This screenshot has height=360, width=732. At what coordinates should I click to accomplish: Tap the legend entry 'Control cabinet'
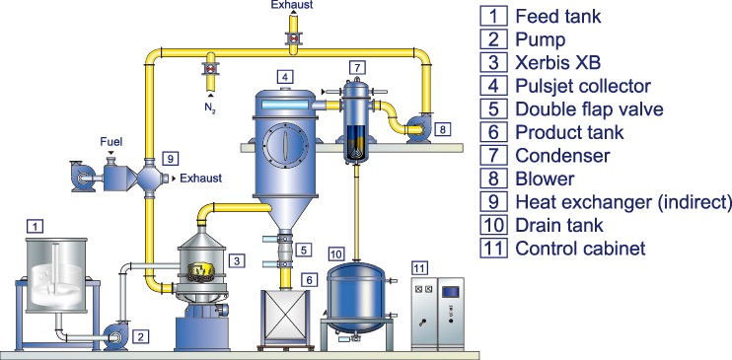(x=578, y=249)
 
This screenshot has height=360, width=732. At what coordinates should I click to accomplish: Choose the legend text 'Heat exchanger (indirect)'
(x=623, y=202)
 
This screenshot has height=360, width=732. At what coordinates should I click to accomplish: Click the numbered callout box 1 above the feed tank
(x=37, y=226)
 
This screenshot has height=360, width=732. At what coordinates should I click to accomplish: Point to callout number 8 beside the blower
(x=441, y=128)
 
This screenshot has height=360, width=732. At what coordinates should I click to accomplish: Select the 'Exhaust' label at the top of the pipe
(x=293, y=5)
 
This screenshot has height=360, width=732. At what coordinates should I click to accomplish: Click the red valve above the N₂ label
(x=210, y=69)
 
